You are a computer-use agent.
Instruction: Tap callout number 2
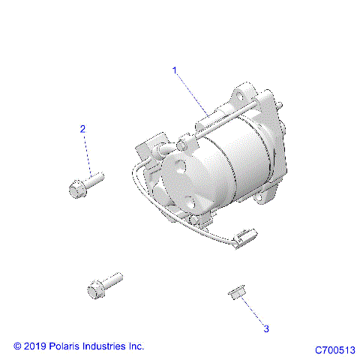pos(83,129)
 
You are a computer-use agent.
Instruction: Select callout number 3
pos(244,328)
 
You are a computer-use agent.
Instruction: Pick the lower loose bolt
pos(101,286)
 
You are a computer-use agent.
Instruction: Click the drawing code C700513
pos(334,349)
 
